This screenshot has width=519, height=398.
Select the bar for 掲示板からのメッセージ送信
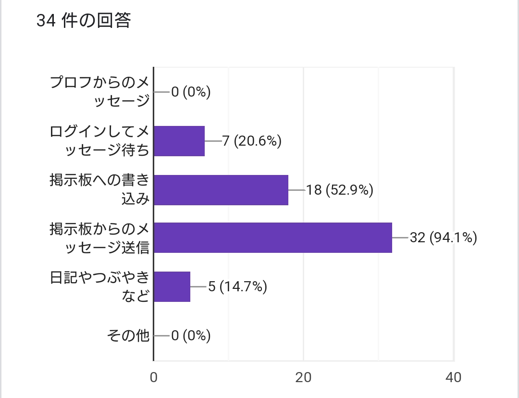273,237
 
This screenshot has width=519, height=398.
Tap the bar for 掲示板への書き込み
221,190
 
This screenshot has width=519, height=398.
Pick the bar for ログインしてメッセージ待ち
179,141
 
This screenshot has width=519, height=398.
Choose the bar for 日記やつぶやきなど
172,287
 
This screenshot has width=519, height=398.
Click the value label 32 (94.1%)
443,237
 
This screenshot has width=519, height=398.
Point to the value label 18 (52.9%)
340,190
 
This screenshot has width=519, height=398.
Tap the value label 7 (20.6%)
251,141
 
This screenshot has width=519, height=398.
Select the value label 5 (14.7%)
237,287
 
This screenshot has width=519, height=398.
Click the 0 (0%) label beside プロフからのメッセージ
191,92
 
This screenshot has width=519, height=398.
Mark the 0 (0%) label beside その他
191,336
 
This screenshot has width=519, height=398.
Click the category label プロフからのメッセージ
100,92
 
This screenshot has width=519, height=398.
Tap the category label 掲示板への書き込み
100,189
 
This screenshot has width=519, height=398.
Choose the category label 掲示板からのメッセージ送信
100,238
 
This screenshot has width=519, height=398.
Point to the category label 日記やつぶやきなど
100,287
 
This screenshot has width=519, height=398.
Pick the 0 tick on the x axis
154,378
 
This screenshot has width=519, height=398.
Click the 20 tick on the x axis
304,378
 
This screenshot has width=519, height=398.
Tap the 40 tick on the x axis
454,378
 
